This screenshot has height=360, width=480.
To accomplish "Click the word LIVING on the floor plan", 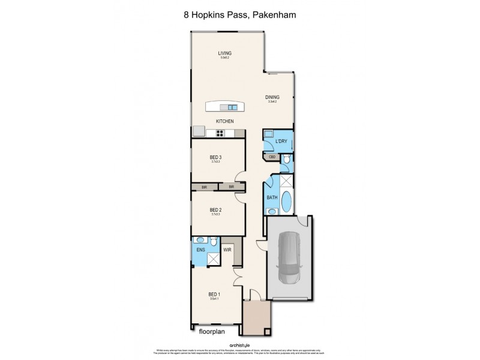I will pyautogui.click(x=225, y=53).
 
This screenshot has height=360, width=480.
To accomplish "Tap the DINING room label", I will pyautogui.click(x=272, y=97).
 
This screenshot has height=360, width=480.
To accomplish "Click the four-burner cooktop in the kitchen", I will pyautogui.click(x=224, y=134).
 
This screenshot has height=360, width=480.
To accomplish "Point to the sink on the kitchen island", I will pyautogui.click(x=231, y=107).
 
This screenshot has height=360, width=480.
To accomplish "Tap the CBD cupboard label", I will pyautogui.click(x=272, y=157).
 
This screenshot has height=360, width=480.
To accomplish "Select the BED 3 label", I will pyautogui.click(x=216, y=157).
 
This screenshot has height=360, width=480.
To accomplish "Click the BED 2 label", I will pyautogui.click(x=216, y=209).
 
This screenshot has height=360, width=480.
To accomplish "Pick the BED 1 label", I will pyautogui.click(x=214, y=293).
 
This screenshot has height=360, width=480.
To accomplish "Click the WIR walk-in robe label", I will pyautogui.click(x=227, y=250).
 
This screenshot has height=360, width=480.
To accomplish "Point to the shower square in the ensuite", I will pyautogui.click(x=213, y=259).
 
